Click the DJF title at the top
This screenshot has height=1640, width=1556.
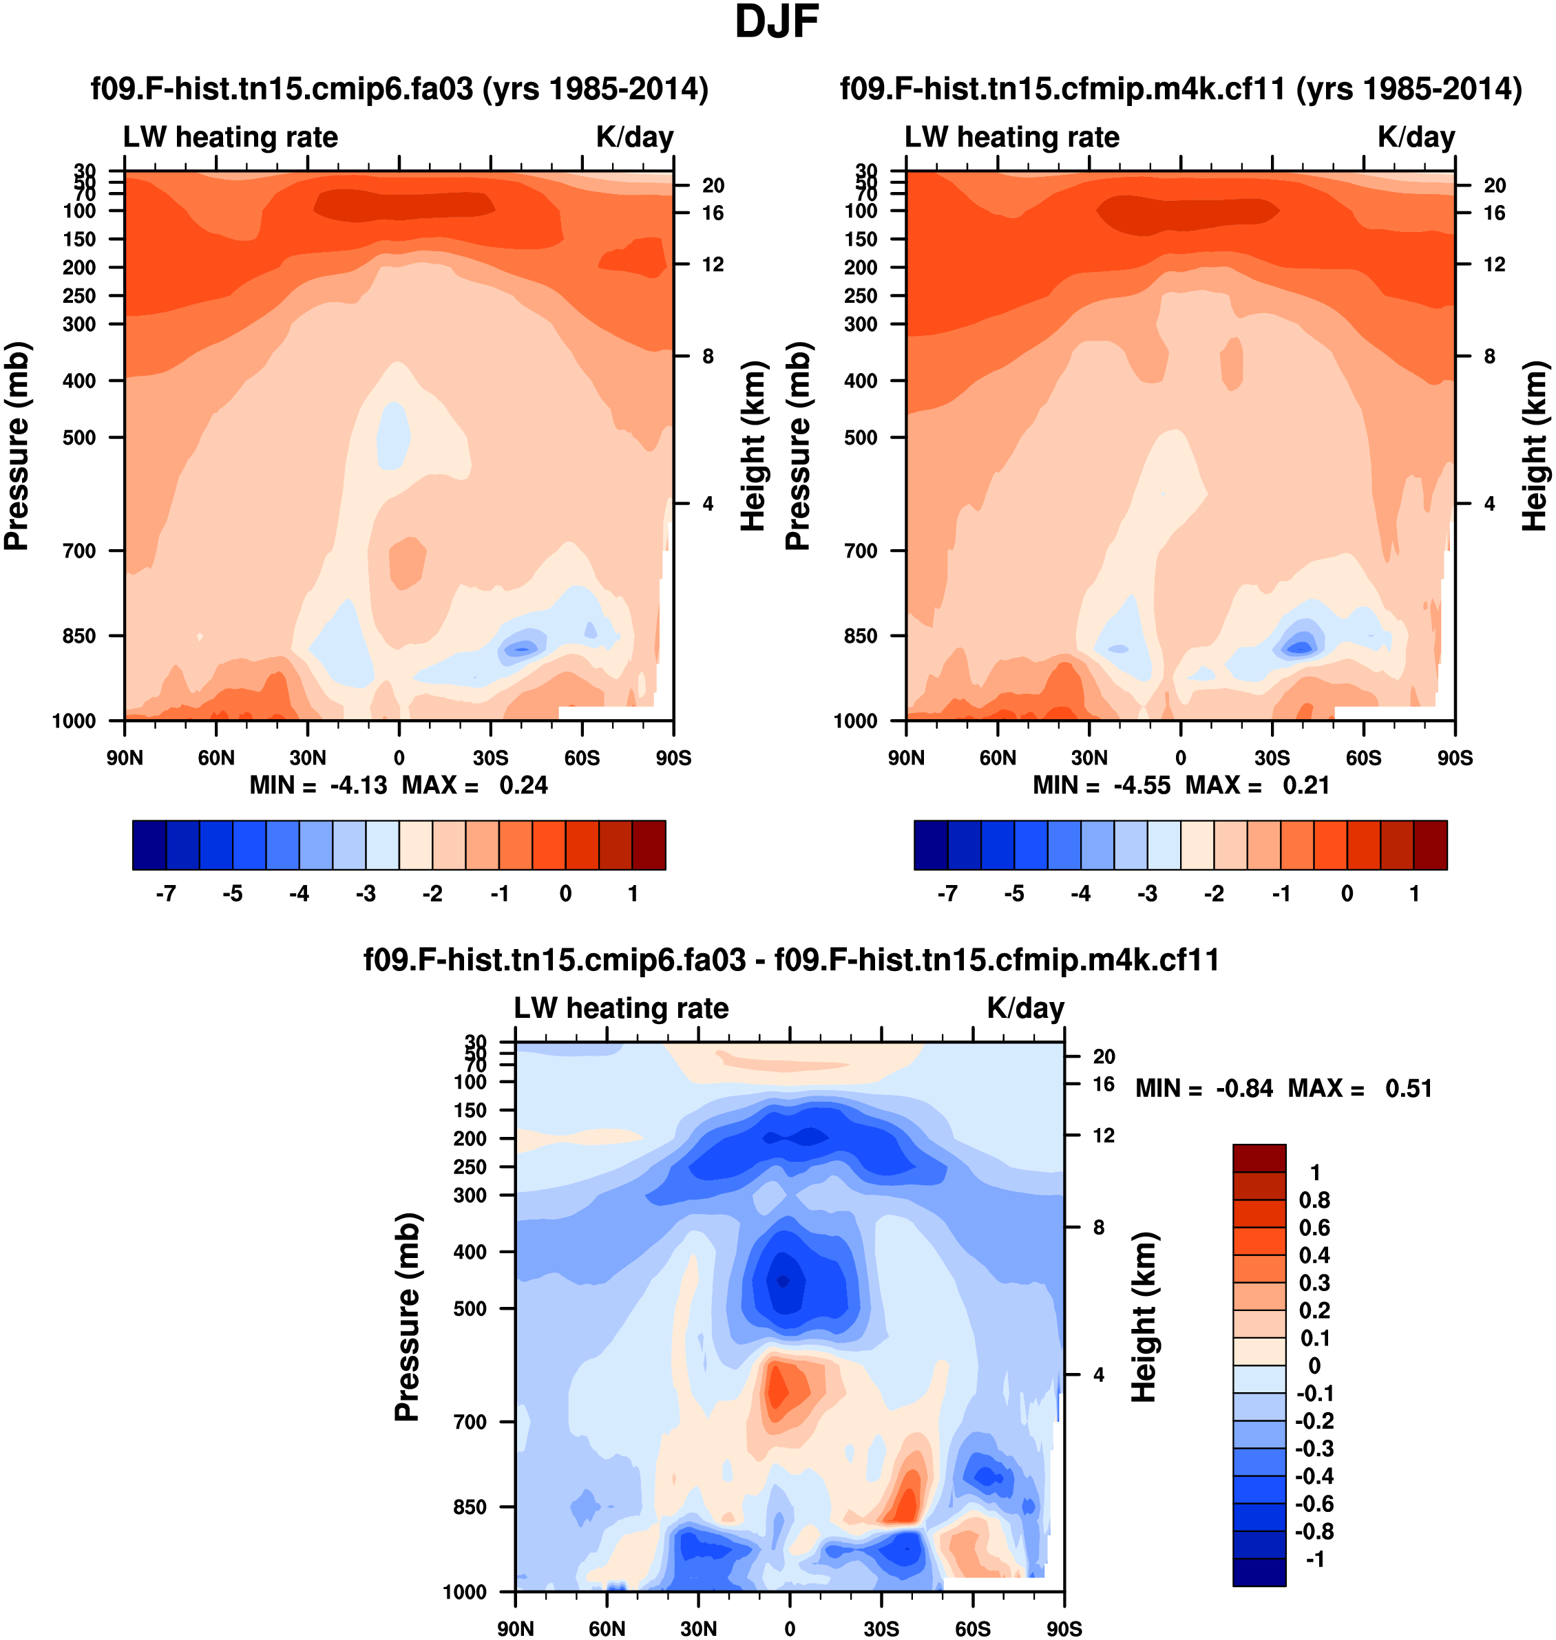[x=777, y=23]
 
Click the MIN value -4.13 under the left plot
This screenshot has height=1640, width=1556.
[x=358, y=785]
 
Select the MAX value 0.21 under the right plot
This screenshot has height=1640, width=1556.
[x=1306, y=785]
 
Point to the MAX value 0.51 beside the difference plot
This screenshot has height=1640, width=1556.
[x=1409, y=1088]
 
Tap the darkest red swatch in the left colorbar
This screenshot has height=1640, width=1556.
[x=649, y=845]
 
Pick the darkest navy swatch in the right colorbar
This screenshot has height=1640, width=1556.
[x=931, y=845]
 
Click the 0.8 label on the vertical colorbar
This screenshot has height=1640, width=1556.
[x=1314, y=1200]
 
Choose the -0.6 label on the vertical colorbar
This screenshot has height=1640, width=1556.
[x=1314, y=1503]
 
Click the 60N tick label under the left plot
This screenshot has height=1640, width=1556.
[x=216, y=758]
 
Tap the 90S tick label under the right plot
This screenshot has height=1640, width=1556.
[x=1455, y=758]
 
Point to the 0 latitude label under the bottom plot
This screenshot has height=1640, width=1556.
[x=790, y=1628]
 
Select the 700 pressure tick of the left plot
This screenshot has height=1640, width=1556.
[x=80, y=551]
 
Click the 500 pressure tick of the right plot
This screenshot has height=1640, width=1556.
[x=861, y=437]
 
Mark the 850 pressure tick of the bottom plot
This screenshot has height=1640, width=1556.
[x=470, y=1506]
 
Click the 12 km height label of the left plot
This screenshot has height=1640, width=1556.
[x=713, y=264]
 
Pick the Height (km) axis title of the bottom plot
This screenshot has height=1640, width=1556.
[x=1144, y=1317]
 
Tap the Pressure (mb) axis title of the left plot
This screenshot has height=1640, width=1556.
[x=17, y=446]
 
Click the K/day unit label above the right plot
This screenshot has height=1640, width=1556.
[x=1416, y=137]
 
